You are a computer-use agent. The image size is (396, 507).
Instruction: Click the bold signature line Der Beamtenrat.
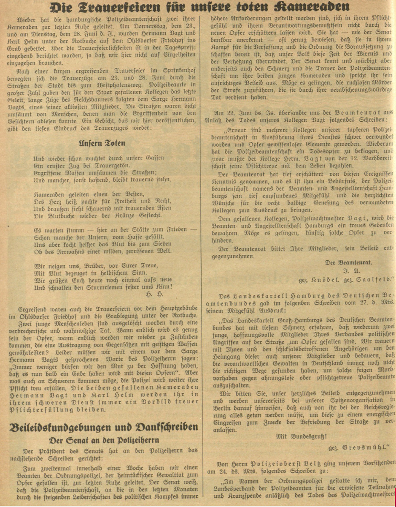348,262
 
